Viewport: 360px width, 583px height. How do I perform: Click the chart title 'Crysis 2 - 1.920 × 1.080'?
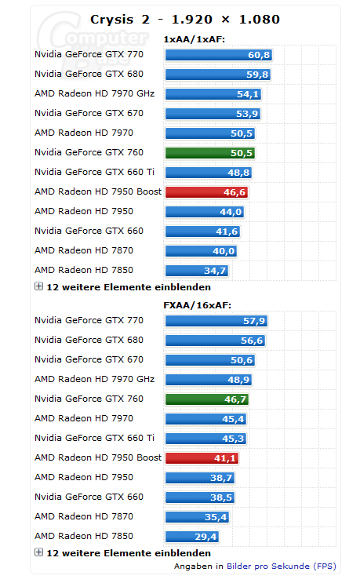click(x=184, y=20)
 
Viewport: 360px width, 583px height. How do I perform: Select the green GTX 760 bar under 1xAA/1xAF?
click(x=210, y=153)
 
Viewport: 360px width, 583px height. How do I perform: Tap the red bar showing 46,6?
click(x=206, y=192)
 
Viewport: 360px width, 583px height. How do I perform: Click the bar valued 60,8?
click(x=219, y=55)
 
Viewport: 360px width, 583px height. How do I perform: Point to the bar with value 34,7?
click(x=197, y=271)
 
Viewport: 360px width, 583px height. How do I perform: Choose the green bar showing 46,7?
click(x=207, y=399)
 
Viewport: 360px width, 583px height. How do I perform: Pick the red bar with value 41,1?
click(x=202, y=458)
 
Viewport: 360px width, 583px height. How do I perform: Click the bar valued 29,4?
click(x=192, y=537)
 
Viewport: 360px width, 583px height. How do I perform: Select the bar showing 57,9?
click(x=216, y=321)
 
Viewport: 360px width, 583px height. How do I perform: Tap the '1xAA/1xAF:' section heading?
click(x=195, y=39)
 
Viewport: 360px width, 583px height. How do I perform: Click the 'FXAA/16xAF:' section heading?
click(x=198, y=305)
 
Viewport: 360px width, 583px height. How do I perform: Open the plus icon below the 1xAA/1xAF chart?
click(x=38, y=286)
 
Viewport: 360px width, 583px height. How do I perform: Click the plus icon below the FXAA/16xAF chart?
click(x=38, y=552)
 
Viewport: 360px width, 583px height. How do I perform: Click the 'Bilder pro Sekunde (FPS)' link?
click(x=282, y=567)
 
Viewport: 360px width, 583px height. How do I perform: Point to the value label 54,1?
click(x=248, y=94)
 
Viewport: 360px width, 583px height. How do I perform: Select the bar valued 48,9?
click(x=209, y=380)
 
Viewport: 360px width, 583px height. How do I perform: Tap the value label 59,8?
click(x=257, y=75)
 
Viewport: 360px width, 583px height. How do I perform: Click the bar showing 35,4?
click(x=198, y=517)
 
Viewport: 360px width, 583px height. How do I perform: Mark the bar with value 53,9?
click(x=213, y=114)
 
